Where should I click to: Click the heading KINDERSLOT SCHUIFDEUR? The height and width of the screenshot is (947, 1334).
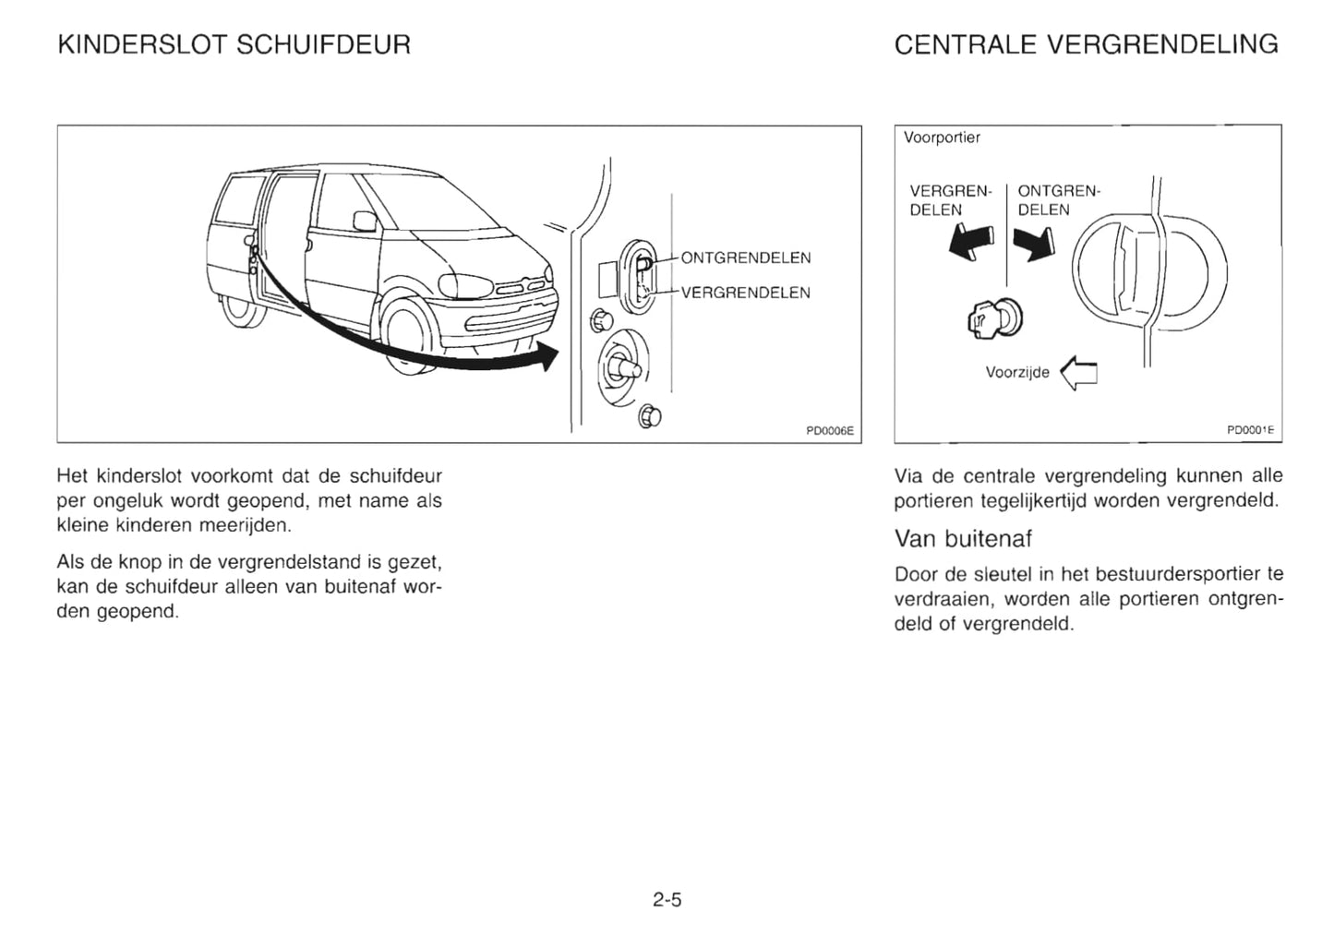tap(234, 44)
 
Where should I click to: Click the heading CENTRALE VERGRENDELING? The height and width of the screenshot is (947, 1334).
tap(1086, 44)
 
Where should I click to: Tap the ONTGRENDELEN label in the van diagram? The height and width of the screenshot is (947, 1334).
tap(745, 258)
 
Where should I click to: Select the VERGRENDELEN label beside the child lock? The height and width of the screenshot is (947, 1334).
tap(745, 293)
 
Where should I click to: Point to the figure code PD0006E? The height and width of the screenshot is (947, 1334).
tap(830, 430)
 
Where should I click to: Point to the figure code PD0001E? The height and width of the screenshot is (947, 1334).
tap(1250, 430)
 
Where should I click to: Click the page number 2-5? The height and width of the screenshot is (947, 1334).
tap(667, 900)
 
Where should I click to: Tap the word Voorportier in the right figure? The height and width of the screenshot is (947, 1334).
tap(942, 138)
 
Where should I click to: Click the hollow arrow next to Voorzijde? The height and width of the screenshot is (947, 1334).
tap(1079, 373)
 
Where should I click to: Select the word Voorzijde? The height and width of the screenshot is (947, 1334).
tap(1017, 373)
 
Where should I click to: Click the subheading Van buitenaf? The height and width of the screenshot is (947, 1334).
tap(963, 538)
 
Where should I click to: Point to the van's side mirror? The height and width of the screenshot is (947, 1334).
tap(365, 221)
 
